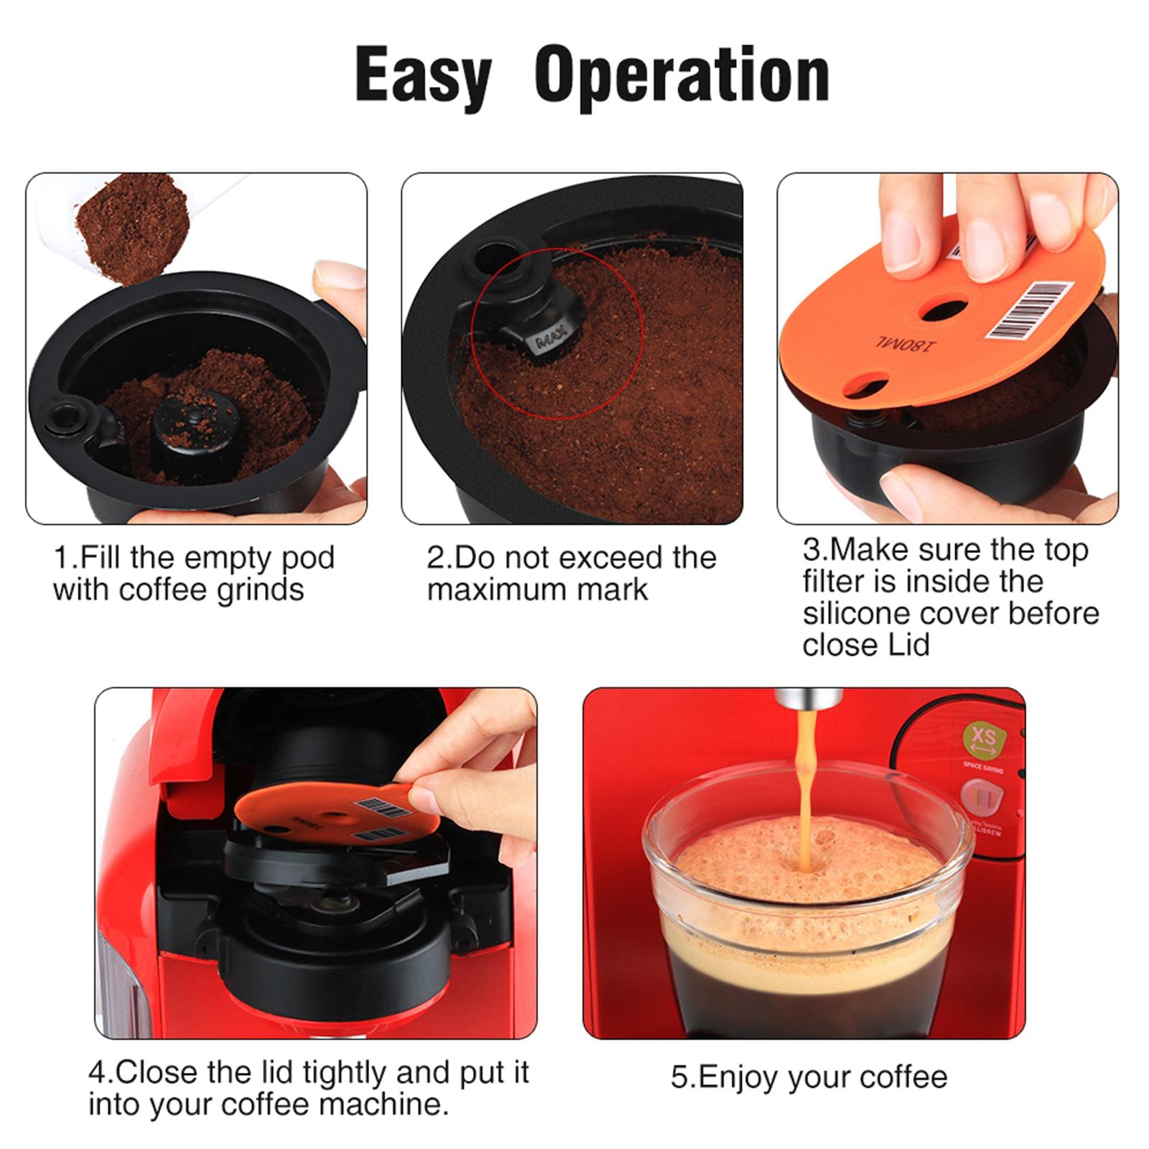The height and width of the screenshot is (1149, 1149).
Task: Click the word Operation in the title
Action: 682,75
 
